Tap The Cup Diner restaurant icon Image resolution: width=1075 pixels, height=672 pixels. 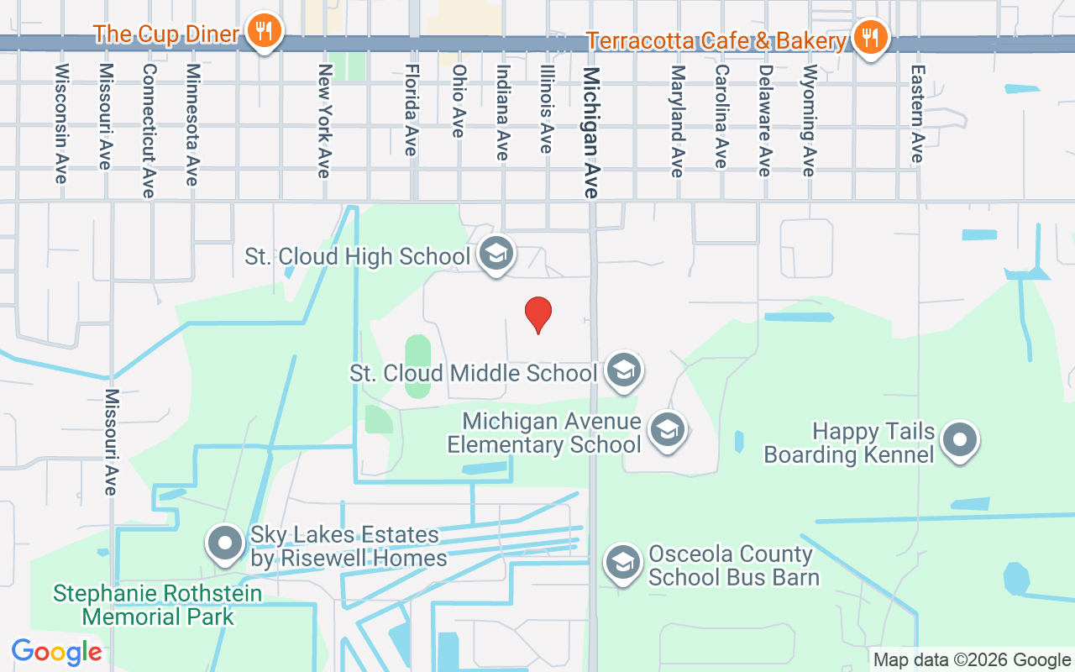[265, 31]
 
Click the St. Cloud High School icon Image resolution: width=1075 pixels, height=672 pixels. [496, 254]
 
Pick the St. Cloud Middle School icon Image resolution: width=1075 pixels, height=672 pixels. [623, 370]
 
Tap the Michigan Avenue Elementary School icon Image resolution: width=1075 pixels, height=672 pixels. [668, 430]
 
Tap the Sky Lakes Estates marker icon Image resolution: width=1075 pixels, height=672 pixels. [225, 543]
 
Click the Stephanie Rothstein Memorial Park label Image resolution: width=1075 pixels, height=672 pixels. [158, 605]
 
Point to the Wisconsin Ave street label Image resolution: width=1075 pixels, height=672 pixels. [61, 123]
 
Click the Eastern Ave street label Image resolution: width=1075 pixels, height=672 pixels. [917, 114]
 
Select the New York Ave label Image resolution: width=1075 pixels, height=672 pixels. [324, 121]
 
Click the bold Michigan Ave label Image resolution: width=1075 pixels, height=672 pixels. [591, 133]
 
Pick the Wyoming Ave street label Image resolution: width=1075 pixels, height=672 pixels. [809, 120]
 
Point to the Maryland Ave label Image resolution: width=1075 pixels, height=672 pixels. [677, 121]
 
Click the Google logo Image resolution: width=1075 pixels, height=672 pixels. [56, 652]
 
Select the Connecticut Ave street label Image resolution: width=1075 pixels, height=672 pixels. [149, 131]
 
